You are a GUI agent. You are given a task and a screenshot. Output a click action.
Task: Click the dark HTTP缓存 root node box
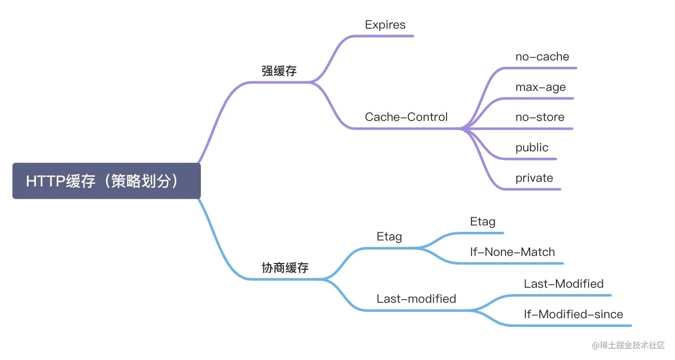pos(106,181)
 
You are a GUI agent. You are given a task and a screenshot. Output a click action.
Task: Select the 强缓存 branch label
pos(279,71)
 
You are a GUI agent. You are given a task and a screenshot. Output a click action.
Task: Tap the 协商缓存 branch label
pos(285,268)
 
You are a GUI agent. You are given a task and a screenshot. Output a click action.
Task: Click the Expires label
pos(385,25)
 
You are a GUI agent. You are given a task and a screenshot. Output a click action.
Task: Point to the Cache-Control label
pos(406,117)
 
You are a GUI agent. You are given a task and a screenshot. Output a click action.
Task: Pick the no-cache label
pos(542,57)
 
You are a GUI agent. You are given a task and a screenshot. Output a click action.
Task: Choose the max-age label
pos(541,87)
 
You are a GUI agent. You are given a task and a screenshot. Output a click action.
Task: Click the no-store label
pos(540,117)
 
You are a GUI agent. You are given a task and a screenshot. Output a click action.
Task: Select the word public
pos(532,148)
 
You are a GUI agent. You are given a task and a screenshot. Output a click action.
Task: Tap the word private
pos(534,178)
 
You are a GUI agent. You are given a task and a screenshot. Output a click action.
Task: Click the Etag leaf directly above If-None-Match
pos(483,222)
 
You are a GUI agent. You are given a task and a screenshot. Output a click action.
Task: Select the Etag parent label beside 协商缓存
pos(389,237)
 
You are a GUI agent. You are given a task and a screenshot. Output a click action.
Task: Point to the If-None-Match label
pos(512,252)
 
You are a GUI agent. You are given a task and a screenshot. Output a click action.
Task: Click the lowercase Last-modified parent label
pos(416,299)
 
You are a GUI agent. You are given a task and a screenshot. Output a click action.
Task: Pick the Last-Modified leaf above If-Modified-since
pos(564,284)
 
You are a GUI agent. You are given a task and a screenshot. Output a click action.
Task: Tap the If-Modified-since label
pos(573,314)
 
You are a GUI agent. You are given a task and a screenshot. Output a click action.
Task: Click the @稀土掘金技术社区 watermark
pos(628,345)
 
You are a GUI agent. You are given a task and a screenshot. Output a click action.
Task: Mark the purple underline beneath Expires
pos(383,36)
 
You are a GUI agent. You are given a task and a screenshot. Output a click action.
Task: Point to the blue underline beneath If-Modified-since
pos(571,325)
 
